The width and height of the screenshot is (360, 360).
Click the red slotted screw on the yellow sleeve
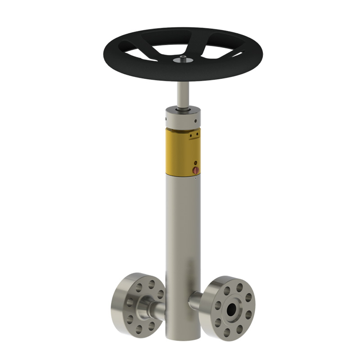pos(195,170)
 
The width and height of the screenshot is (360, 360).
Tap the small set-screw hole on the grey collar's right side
pos(196,121)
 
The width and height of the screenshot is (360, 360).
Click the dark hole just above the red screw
pos(195,162)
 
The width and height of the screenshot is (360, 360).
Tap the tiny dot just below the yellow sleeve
pos(196,178)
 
